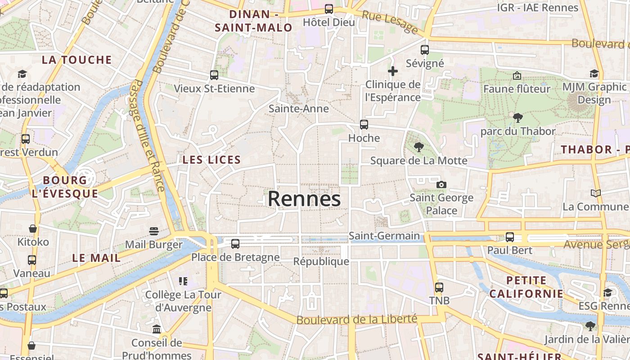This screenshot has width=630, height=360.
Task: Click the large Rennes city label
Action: coord(304,199)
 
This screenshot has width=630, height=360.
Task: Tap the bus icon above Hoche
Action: coord(364,125)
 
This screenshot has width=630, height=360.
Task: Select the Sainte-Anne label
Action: coord(298,108)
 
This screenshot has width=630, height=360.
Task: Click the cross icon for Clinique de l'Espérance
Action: coord(392,71)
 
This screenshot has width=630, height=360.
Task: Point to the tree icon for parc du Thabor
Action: coord(517,118)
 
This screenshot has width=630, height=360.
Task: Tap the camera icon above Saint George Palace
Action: coord(441,184)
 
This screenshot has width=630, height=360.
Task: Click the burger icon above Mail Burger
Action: coord(154,231)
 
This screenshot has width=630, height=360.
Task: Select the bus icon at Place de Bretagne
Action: coord(235,244)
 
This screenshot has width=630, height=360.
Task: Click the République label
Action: coord(321,261)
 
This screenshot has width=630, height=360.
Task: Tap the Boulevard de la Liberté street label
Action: coord(357,319)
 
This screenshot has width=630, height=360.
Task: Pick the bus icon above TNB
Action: coord(439,287)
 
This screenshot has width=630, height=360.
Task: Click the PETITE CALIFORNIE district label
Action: coord(526,287)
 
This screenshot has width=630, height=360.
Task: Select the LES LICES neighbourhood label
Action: coord(211,159)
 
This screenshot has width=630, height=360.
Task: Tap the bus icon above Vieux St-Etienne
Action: coord(214,75)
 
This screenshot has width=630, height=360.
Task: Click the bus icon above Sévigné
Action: coord(424,50)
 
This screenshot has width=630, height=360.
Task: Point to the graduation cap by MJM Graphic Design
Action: coord(594,74)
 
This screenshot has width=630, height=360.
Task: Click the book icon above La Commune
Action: coord(595,193)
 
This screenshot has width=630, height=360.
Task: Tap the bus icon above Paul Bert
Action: coord(509,237)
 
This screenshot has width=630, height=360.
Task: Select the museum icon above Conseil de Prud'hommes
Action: coord(157,329)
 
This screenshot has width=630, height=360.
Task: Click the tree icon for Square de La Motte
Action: coord(418,147)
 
